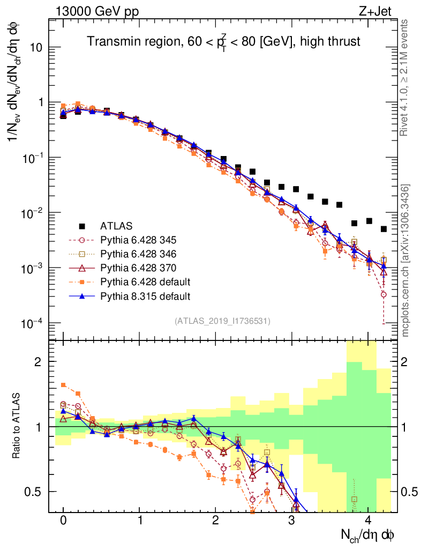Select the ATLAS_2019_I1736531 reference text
click(x=222, y=321)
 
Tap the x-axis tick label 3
click(x=292, y=521)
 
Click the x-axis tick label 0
click(x=63, y=521)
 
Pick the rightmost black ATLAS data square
click(x=384, y=229)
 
